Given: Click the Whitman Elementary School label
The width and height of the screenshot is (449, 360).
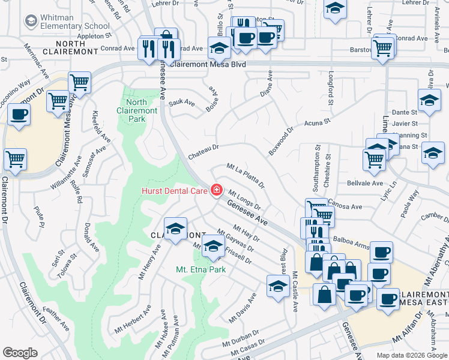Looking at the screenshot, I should (x=75, y=21).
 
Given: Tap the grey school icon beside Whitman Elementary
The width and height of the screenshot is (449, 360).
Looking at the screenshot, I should (x=31, y=21).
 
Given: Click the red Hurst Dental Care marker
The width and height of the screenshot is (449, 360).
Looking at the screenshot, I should (x=215, y=190).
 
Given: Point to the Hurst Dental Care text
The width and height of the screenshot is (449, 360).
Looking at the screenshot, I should (x=175, y=191).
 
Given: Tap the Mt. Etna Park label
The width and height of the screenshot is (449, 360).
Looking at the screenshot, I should (x=200, y=269).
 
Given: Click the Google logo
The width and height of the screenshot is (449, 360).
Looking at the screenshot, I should (x=20, y=353).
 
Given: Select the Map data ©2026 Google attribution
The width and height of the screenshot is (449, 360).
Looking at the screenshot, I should (x=412, y=355).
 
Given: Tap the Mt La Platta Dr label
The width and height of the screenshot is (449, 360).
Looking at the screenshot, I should (x=245, y=173).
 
